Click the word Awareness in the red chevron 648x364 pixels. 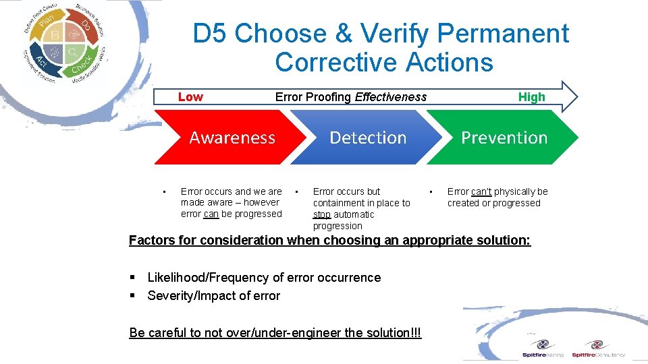click(232, 138)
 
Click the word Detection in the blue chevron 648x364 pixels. click(368, 138)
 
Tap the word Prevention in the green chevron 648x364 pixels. click(504, 138)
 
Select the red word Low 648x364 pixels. click(190, 97)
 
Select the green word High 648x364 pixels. click(531, 97)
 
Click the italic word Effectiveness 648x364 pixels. click(391, 97)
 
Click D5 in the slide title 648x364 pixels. click(211, 34)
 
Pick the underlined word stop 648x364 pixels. click(321, 215)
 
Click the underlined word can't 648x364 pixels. click(481, 192)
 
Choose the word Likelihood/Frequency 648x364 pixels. click(207, 278)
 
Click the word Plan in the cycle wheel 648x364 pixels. click(47, 26)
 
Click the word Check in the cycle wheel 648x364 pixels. click(82, 66)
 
